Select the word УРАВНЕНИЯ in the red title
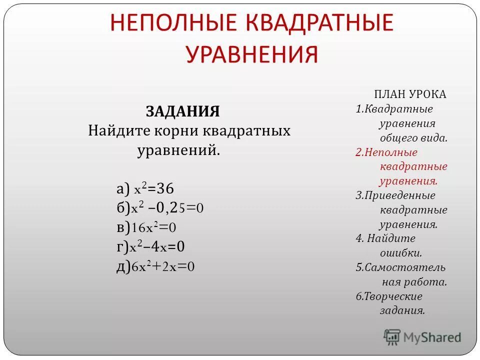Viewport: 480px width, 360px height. [x=252, y=53]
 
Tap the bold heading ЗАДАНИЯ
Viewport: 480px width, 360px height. [x=182, y=111]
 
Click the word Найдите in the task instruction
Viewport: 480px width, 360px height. [x=118, y=131]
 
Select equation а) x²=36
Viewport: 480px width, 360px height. [x=145, y=188]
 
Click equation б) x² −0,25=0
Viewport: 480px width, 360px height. [x=160, y=208]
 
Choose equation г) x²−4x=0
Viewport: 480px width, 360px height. [x=150, y=247]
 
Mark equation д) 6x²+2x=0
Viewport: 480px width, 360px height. [x=155, y=266]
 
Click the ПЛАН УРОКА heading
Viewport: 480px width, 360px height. [x=410, y=94]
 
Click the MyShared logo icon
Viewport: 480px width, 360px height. [x=392, y=337]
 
